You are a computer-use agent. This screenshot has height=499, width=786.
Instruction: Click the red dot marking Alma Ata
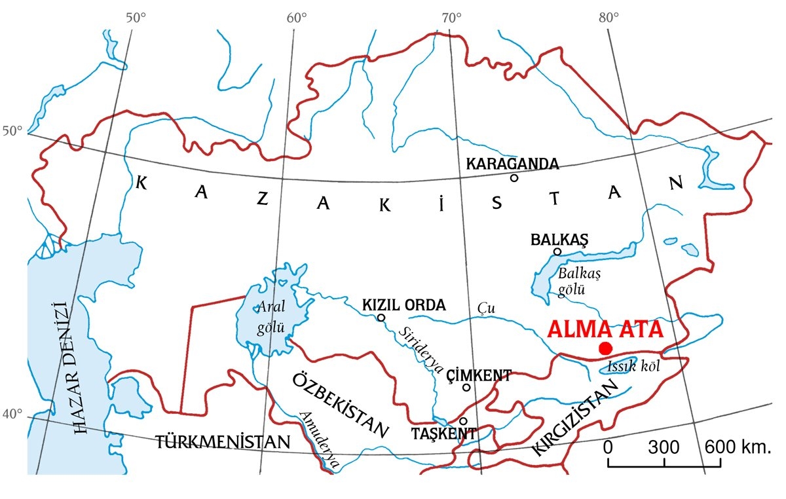click(605, 348)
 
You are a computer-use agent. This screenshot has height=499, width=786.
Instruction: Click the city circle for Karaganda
click(514, 177)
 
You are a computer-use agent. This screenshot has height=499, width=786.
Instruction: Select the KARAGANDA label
click(512, 164)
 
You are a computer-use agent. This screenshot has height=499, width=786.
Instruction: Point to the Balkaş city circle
click(557, 251)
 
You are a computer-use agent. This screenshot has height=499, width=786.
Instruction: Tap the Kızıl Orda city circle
click(381, 318)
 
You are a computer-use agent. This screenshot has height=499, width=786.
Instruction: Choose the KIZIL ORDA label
click(404, 305)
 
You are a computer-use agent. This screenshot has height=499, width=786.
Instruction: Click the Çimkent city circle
click(466, 387)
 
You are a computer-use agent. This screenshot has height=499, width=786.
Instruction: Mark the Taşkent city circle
click(463, 421)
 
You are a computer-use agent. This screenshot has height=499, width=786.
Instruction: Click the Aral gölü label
click(271, 316)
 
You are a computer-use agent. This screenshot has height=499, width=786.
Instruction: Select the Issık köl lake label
click(633, 367)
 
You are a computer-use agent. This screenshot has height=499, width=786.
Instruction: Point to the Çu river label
click(484, 307)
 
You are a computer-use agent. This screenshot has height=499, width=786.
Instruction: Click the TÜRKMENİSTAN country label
click(223, 442)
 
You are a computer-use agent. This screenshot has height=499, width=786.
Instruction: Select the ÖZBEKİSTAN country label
click(339, 406)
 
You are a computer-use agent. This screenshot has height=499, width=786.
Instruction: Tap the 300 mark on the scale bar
click(664, 448)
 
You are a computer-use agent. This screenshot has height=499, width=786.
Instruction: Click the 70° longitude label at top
click(452, 16)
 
